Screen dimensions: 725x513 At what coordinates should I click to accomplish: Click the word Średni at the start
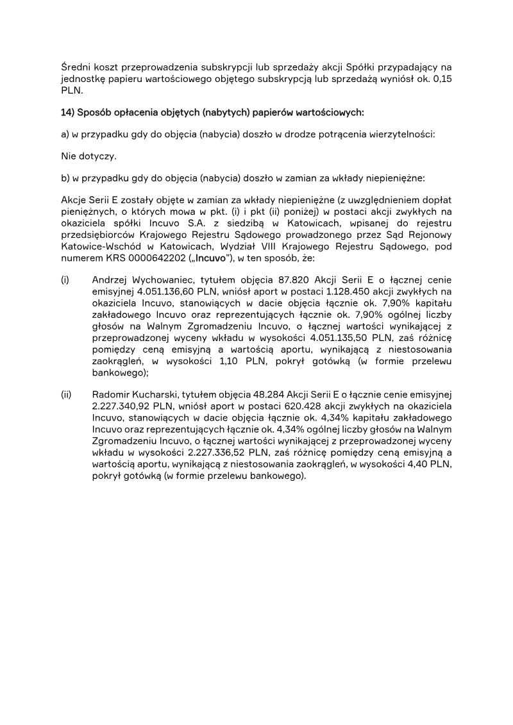point(75,67)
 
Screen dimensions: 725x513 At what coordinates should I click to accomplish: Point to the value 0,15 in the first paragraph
point(441,79)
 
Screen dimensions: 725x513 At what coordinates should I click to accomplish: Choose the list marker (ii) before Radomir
point(66,394)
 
